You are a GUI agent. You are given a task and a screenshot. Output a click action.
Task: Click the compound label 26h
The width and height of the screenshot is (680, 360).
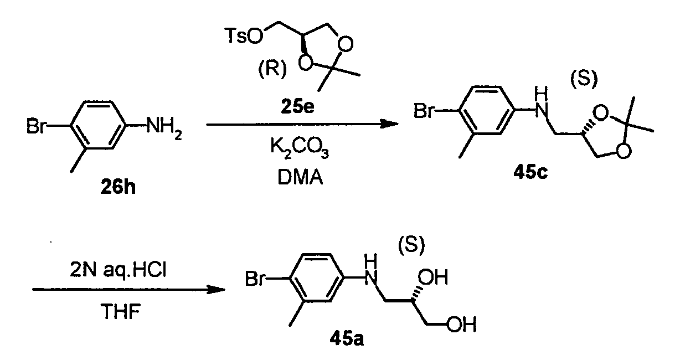[x=118, y=188]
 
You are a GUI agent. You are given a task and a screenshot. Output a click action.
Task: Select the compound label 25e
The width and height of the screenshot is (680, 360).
[x=297, y=106]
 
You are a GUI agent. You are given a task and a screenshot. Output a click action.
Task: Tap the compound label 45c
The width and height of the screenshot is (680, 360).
[x=530, y=173]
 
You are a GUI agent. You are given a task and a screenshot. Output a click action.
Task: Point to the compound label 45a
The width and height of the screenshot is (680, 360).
[x=347, y=339]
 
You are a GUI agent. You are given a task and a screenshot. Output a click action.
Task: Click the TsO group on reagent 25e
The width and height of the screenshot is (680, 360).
[x=244, y=36]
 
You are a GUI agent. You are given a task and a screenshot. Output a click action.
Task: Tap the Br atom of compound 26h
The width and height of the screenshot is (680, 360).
[x=35, y=126]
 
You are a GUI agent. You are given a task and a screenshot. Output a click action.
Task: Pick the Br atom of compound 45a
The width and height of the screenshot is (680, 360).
[x=254, y=278]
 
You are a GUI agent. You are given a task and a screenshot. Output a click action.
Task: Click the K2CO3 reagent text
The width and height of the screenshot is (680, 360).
[x=300, y=148]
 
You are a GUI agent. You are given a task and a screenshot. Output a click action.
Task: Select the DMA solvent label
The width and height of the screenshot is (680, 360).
[x=300, y=177]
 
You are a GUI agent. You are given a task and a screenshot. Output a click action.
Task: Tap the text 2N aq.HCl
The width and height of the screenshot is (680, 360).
[x=119, y=270]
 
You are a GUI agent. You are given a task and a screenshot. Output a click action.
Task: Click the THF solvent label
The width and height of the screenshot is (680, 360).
[x=121, y=311]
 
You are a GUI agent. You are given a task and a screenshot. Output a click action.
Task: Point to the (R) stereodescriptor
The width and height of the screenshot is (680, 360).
[x=272, y=69]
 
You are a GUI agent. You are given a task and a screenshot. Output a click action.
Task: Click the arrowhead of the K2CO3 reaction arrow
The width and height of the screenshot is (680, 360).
[x=390, y=124]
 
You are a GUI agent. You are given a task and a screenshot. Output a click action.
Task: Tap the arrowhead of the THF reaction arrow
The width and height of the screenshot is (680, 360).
[x=216, y=289]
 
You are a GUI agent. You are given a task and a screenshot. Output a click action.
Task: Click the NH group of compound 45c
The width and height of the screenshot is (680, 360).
[x=541, y=101]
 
